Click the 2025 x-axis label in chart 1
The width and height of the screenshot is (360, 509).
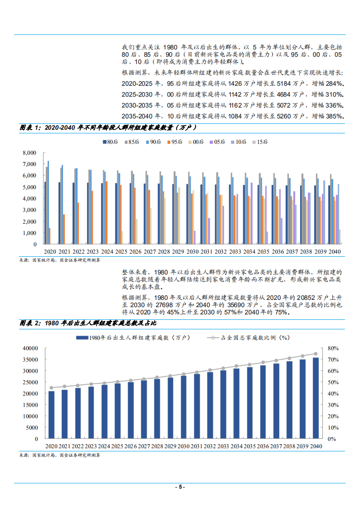(x=121, y=251)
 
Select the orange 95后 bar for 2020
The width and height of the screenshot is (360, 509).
(x=49, y=236)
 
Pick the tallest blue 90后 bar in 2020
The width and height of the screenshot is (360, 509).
(x=48, y=202)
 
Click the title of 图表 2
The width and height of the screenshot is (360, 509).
(x=89, y=323)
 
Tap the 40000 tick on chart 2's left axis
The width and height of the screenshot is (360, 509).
(x=30, y=348)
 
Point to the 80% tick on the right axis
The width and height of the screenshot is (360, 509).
(x=333, y=348)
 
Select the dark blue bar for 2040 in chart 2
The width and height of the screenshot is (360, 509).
(x=316, y=398)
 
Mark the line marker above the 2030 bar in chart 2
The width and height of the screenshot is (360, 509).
(x=183, y=374)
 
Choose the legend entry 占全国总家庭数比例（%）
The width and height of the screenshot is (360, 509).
(x=254, y=337)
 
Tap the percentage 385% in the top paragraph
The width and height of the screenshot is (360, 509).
(x=335, y=116)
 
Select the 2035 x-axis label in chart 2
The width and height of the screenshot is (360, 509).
(x=249, y=446)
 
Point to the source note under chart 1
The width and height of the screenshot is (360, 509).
(x=59, y=260)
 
